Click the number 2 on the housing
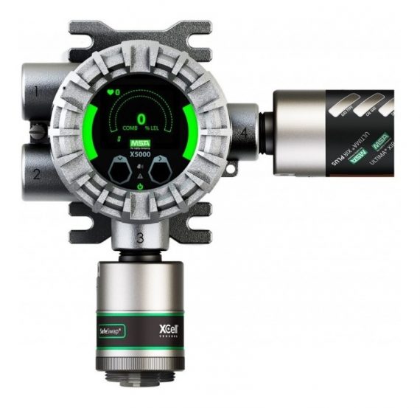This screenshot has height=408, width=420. coord(35,175)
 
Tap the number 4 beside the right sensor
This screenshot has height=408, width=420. coord(243,133)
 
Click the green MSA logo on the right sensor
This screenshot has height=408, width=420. coord(380,140)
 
